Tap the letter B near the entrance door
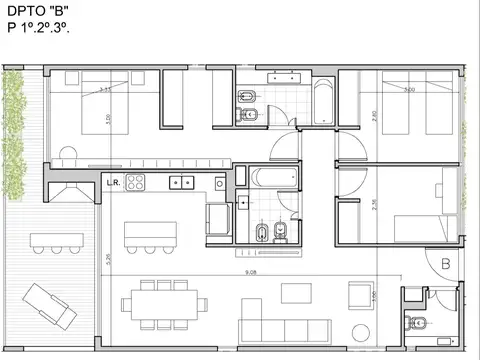[x=445, y=264]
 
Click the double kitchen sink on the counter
[x=182, y=183]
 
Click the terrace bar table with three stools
[x=55, y=240]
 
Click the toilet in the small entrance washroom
[x=417, y=322]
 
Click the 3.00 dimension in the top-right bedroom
[x=407, y=90]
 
